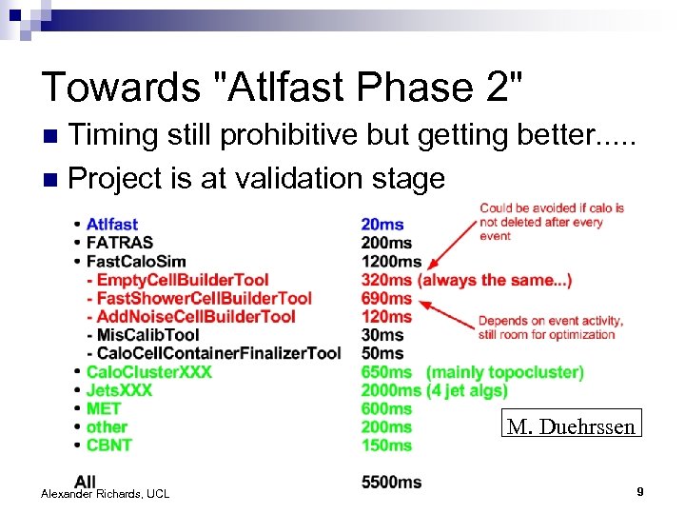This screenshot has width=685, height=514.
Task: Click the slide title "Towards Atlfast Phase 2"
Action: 283,87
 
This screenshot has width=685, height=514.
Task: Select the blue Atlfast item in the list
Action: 111,225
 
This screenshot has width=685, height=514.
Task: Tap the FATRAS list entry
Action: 119,243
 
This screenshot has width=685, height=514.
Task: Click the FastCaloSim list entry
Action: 135,262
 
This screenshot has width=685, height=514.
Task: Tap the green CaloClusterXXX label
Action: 148,371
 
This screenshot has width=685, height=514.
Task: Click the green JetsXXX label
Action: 119,390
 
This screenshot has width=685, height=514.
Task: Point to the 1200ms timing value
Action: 391,262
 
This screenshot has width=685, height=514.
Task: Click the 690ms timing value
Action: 386,298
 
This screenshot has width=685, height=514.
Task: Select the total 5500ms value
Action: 391,483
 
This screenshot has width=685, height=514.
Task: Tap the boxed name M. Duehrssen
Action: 571,426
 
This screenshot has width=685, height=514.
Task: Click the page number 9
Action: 640,492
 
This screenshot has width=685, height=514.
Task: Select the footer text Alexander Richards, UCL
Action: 105,493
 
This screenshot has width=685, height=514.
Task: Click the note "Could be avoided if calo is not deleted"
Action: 552,222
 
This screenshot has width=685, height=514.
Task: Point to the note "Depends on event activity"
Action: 546,327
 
